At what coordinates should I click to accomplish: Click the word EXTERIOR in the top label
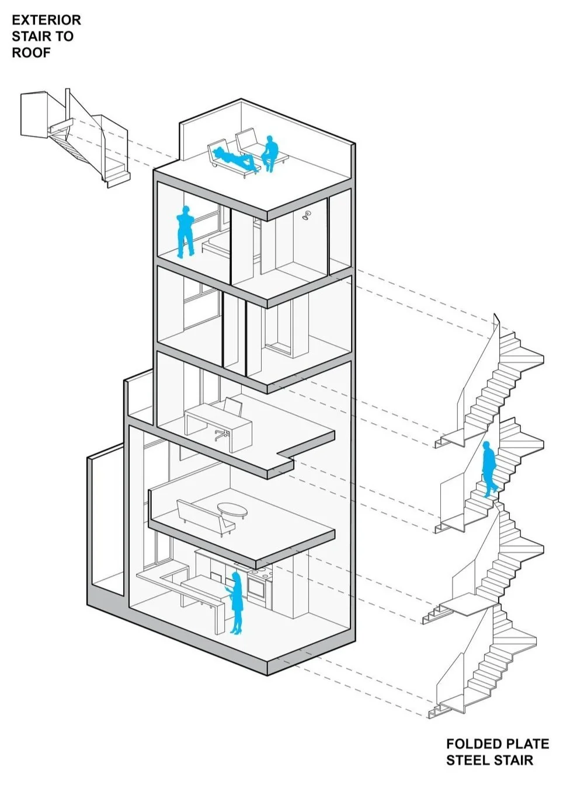click(x=46, y=20)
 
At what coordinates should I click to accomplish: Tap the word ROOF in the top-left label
click(x=31, y=53)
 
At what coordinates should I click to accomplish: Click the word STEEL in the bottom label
click(x=468, y=760)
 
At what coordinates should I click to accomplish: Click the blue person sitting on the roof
click(x=269, y=153)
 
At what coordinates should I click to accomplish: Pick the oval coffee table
click(x=232, y=510)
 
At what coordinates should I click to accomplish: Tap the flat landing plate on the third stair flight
click(x=467, y=606)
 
